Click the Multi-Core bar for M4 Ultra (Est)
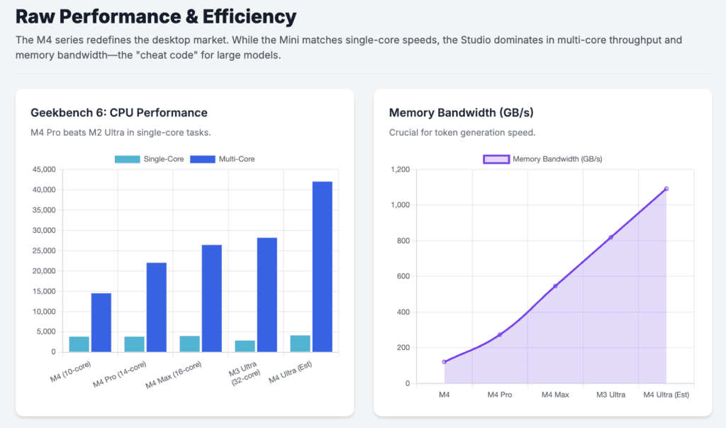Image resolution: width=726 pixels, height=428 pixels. tap(322, 266)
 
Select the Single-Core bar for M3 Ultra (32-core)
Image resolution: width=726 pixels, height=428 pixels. tap(245, 346)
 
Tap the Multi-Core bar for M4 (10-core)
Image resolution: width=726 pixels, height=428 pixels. tap(101, 322)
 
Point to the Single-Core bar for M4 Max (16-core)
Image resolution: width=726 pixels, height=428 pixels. tap(189, 344)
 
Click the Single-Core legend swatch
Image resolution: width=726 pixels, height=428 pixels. tap(128, 159)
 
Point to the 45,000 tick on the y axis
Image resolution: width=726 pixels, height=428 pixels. tap(44, 170)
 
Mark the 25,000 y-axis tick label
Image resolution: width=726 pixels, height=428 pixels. tap(44, 251)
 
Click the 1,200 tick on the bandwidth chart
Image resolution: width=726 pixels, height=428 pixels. tap(400, 170)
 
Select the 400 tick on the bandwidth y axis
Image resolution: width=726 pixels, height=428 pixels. tap(403, 312)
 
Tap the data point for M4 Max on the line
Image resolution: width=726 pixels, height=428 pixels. tap(555, 286)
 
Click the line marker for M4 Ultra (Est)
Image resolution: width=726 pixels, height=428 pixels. tap(666, 189)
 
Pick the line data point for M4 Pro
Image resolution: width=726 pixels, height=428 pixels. tap(500, 334)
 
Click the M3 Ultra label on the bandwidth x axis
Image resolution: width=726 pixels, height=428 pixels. tap(610, 395)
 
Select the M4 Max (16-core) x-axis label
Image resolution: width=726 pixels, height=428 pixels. tap(174, 375)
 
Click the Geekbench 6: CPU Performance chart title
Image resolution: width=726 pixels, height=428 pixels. tap(118, 113)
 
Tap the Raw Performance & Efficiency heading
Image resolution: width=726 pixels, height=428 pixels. tap(156, 16)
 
